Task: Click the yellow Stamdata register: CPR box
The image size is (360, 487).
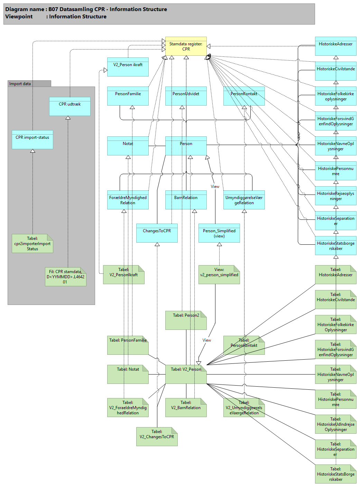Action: [186, 46]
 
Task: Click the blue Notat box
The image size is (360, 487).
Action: [128, 146]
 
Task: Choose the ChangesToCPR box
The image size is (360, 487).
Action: [157, 233]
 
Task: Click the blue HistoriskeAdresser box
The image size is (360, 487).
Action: [335, 46]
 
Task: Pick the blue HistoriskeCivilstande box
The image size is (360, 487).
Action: [335, 71]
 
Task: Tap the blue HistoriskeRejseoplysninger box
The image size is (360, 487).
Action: [335, 196]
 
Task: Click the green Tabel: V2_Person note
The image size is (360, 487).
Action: [186, 374]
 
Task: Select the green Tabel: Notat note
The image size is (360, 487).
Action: [128, 374]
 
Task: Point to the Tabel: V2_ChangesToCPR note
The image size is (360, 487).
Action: [157, 436]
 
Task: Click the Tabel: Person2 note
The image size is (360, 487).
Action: [186, 320]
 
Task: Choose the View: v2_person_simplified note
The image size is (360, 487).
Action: [219, 274]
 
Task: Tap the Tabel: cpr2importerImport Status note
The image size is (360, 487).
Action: [32, 243]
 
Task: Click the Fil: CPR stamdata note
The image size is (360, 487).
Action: [65, 277]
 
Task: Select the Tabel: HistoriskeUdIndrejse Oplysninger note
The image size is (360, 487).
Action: [335, 424]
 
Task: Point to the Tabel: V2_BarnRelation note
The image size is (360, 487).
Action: [186, 407]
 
